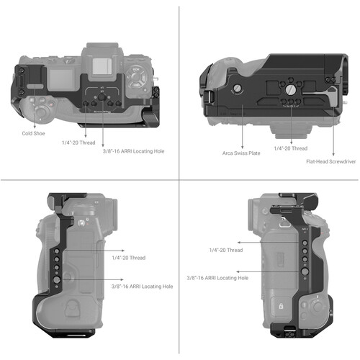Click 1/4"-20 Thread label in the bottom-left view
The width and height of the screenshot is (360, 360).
coord(127,257)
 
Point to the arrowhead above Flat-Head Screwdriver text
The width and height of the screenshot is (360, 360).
coord(333,153)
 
